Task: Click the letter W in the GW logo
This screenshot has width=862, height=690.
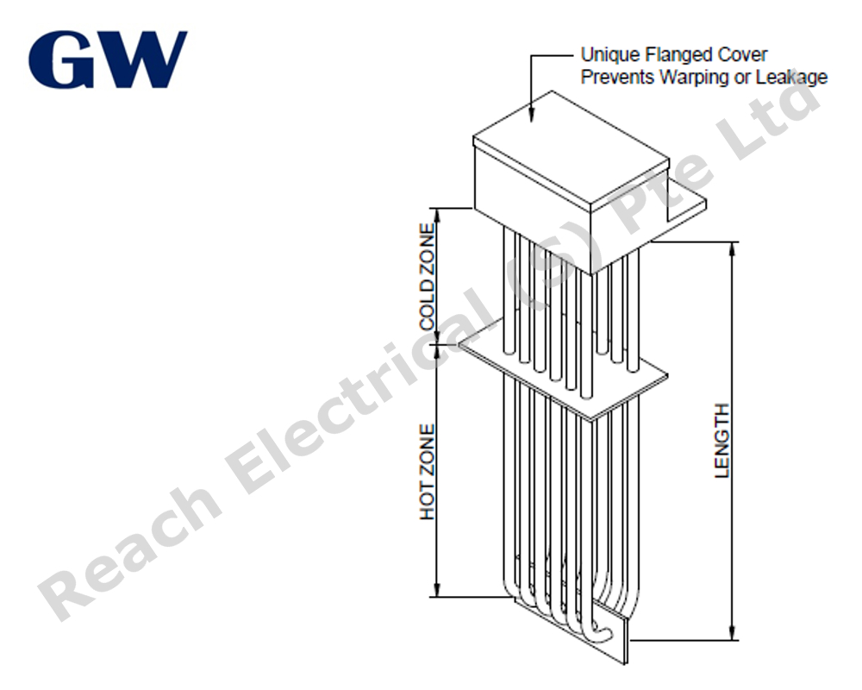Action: pos(141,60)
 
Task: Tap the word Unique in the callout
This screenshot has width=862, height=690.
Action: pos(609,55)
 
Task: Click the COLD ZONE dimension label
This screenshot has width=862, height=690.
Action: pos(428,277)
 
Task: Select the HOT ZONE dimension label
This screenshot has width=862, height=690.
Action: pos(428,472)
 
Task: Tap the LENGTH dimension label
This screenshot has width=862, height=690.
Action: pos(721,440)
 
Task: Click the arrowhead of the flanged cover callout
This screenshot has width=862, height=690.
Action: pos(531,115)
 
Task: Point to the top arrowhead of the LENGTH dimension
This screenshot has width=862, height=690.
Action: pos(732,249)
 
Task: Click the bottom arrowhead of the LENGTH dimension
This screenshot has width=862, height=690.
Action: pos(732,632)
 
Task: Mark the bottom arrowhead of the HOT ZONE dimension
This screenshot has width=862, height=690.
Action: pos(437,589)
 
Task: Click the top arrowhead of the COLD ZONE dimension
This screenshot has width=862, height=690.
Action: pos(437,216)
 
